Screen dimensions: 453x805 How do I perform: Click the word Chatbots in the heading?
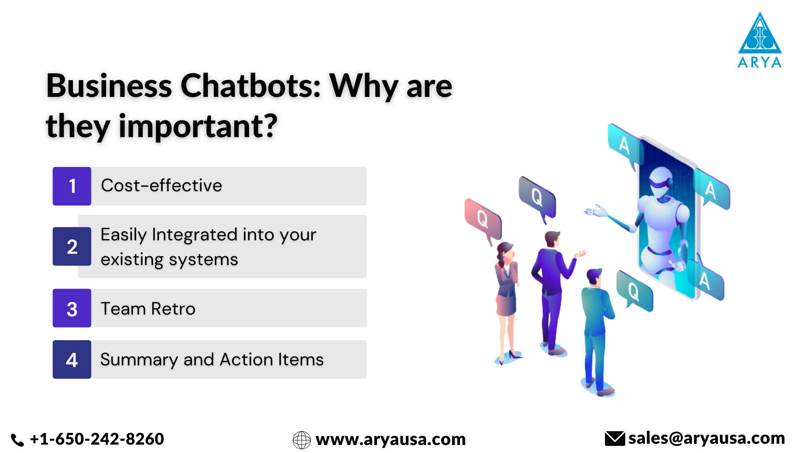[250, 86]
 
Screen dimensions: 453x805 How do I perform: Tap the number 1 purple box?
[72, 186]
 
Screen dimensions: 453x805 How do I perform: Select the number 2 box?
[72, 247]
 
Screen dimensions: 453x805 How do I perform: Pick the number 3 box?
[72, 308]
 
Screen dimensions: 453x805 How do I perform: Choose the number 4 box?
[72, 359]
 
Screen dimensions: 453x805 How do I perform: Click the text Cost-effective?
[161, 185]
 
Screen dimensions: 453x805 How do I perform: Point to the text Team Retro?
[148, 309]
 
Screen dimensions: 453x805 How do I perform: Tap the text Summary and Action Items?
[212, 359]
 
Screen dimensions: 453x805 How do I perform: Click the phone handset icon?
[17, 440]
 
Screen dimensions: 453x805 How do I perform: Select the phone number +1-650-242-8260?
[97, 439]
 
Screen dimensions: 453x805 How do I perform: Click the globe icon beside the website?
[301, 440]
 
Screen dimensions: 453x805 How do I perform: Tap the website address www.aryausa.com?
[390, 440]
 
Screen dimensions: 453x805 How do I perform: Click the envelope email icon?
[615, 439]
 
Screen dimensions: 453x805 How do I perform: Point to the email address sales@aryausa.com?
[706, 438]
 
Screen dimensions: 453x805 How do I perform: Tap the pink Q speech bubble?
[483, 219]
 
